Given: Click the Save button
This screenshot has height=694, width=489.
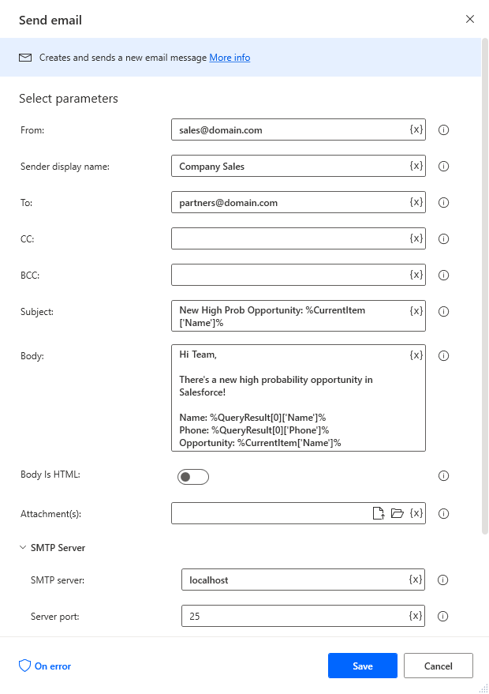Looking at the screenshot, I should [362, 666].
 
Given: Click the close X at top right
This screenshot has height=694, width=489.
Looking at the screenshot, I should [470, 19].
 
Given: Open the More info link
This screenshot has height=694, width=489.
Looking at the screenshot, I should [230, 58].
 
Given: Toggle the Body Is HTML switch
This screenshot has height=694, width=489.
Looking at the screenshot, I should [193, 476].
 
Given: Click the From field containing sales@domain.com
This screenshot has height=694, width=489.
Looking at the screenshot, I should [288, 129].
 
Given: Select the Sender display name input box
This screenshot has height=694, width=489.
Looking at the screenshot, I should [288, 166].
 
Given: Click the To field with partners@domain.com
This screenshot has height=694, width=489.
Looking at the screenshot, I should [288, 202].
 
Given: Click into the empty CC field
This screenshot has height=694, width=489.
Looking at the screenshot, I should [288, 238].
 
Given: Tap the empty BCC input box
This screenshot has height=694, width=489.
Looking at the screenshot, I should [288, 275].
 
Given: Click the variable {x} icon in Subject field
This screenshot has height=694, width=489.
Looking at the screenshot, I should [416, 310].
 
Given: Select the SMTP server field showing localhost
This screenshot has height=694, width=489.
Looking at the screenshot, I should [293, 580].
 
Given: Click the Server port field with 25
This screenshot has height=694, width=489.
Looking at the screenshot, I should [293, 616].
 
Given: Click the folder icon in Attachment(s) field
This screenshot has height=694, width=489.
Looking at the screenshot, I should [398, 513].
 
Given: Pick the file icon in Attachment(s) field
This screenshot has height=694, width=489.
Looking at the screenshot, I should [379, 513].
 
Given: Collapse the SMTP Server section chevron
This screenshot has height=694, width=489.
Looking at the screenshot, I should [22, 547].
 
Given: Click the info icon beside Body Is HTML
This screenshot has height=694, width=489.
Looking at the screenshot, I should [443, 476].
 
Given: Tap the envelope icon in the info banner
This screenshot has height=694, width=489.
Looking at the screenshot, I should [26, 58].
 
